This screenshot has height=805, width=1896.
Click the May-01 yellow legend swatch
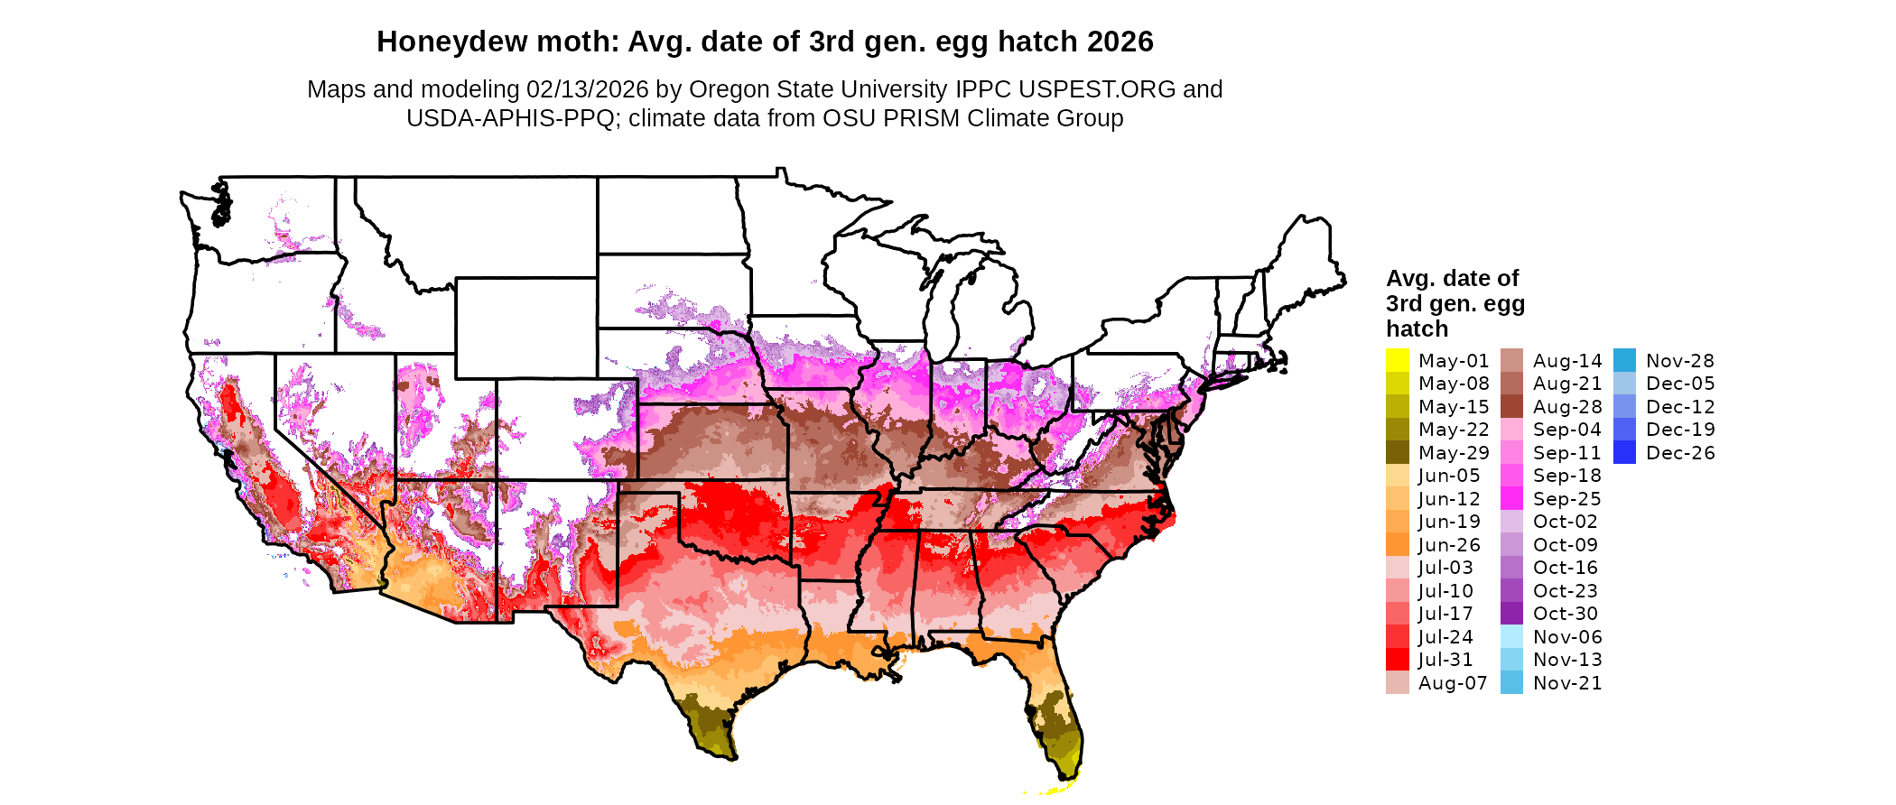point(1397,360)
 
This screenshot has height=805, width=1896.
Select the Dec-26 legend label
point(1679,453)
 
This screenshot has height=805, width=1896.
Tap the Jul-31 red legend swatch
point(1397,660)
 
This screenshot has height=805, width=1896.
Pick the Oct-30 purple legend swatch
point(1511,614)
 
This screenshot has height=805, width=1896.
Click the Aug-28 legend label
point(1566,407)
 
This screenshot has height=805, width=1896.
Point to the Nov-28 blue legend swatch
point(1624,360)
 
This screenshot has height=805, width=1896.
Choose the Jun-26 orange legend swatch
point(1397,545)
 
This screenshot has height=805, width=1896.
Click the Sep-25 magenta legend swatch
point(1511,499)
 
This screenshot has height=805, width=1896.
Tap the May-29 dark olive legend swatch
point(1397,453)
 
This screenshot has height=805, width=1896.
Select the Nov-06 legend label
point(1566,637)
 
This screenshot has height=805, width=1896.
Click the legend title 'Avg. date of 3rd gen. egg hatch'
point(1455,303)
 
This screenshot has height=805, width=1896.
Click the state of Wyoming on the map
point(525,328)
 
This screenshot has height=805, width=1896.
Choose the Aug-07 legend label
point(1452,683)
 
